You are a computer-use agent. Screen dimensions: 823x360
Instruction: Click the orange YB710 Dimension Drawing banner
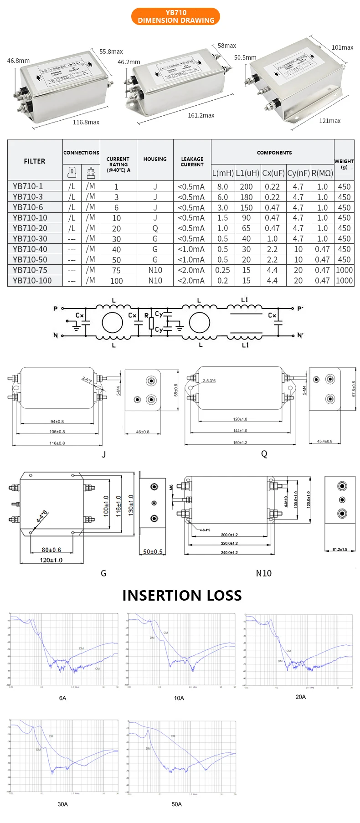point(175,16)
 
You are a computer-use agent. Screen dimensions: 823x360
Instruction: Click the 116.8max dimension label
point(86,122)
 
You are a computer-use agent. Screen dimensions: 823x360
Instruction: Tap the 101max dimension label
point(342,47)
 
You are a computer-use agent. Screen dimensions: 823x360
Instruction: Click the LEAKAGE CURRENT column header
point(192,162)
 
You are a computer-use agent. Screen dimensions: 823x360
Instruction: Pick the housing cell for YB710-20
point(155,228)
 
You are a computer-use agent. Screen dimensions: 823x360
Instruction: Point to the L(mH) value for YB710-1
point(222,186)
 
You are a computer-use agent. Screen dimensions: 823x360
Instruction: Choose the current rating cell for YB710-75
point(117,270)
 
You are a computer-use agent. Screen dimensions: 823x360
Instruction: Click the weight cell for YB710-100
point(344,281)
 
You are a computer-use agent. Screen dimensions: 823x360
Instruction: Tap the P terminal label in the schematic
point(56,309)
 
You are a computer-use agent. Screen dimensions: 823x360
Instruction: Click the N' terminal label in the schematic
point(300,335)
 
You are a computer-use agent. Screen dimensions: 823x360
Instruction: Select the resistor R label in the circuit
point(146,315)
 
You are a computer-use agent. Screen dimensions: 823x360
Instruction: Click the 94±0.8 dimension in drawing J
point(57,422)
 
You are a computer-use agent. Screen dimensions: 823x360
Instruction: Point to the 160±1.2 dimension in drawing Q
point(240,442)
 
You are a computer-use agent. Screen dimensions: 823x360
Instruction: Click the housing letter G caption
point(103,573)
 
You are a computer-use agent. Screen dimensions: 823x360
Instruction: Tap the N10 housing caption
point(263,573)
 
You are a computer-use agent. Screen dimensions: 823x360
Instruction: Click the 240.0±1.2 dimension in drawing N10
point(229,552)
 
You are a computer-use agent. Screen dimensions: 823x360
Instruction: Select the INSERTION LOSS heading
point(182,595)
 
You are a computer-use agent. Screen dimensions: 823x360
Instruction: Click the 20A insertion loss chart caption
point(300,697)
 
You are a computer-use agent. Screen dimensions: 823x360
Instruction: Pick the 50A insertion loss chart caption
point(177,804)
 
